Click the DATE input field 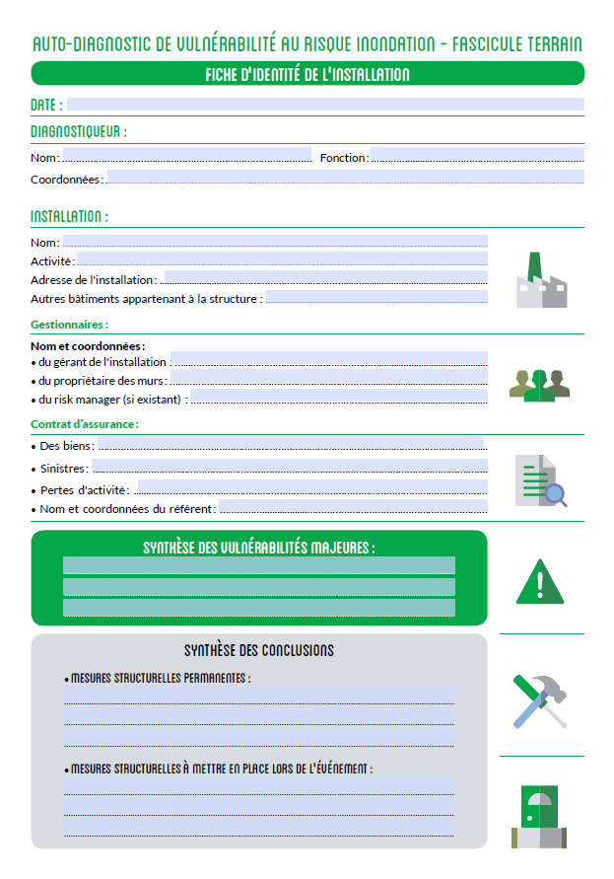point(325,105)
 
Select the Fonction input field point(477,155)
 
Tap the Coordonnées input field point(345,178)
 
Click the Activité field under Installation point(282,259)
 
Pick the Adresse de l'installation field point(325,278)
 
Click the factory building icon point(541,281)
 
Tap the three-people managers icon point(539,384)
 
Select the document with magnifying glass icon point(541,480)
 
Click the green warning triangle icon point(540,581)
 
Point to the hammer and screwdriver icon point(540,699)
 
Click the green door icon point(541,816)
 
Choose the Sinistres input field point(290,467)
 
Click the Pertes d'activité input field point(310,487)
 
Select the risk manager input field point(338,397)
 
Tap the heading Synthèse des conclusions point(259,651)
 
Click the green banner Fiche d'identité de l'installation point(307,74)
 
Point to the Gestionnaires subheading point(69,325)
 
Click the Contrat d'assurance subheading point(84,424)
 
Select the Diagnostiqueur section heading point(79,131)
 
